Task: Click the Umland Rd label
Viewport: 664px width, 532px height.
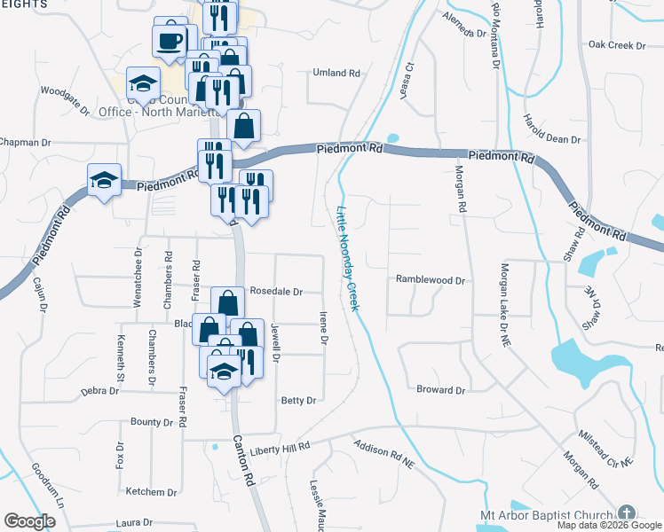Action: [x=334, y=74]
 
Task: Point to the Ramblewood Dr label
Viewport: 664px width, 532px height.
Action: [x=431, y=280]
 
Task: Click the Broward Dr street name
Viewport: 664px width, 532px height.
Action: [x=441, y=389]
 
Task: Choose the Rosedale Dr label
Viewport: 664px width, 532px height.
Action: [x=276, y=291]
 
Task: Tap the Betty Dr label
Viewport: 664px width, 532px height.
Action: [x=298, y=401]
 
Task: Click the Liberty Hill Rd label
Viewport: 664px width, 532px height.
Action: [x=279, y=449]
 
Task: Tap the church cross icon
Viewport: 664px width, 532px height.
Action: [x=627, y=514]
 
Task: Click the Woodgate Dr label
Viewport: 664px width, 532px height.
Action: [x=66, y=99]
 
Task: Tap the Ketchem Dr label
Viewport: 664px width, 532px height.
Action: [x=152, y=491]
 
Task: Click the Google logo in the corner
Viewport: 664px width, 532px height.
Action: [x=29, y=521]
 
